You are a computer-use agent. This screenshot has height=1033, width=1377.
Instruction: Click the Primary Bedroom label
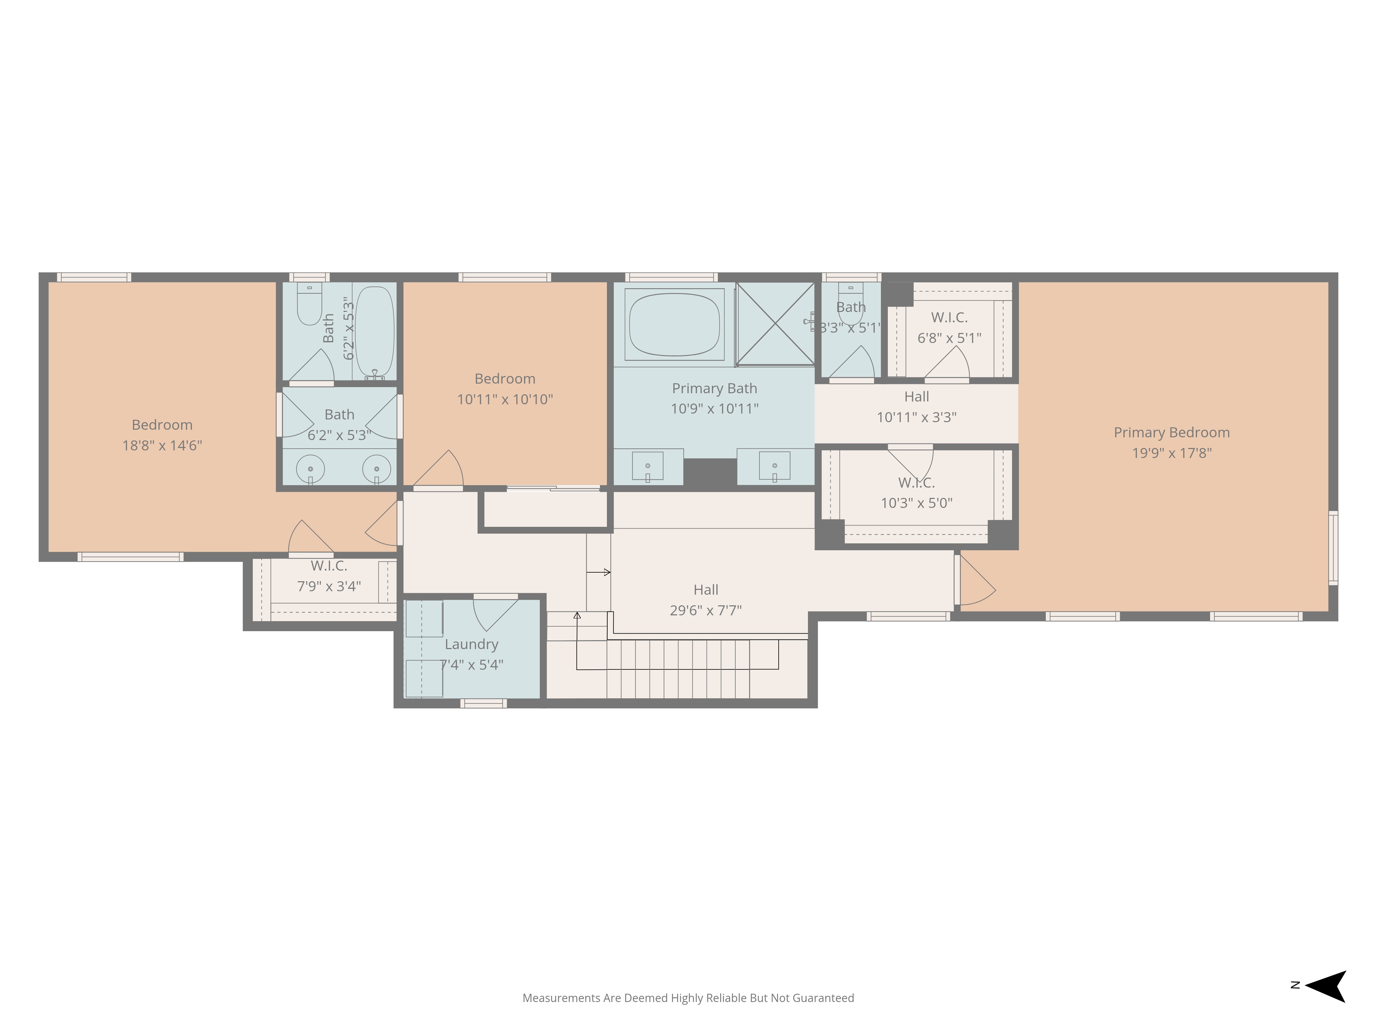(x=1171, y=433)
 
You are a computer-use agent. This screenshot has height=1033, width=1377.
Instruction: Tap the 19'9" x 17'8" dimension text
(x=1171, y=453)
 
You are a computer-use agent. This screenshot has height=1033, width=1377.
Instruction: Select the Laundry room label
(x=471, y=645)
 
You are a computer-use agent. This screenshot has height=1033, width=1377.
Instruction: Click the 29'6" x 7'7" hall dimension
(x=706, y=611)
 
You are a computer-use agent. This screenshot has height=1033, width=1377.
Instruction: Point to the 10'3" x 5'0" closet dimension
(x=916, y=503)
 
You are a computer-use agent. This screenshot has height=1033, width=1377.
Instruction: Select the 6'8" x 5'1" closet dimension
(x=949, y=338)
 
